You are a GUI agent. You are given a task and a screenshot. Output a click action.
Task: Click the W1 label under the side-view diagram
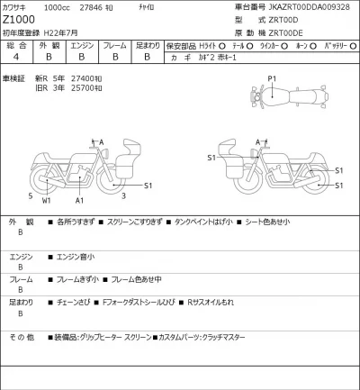click(x=47, y=200)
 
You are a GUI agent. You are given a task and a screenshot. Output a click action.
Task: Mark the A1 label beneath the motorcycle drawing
click(x=80, y=200)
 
